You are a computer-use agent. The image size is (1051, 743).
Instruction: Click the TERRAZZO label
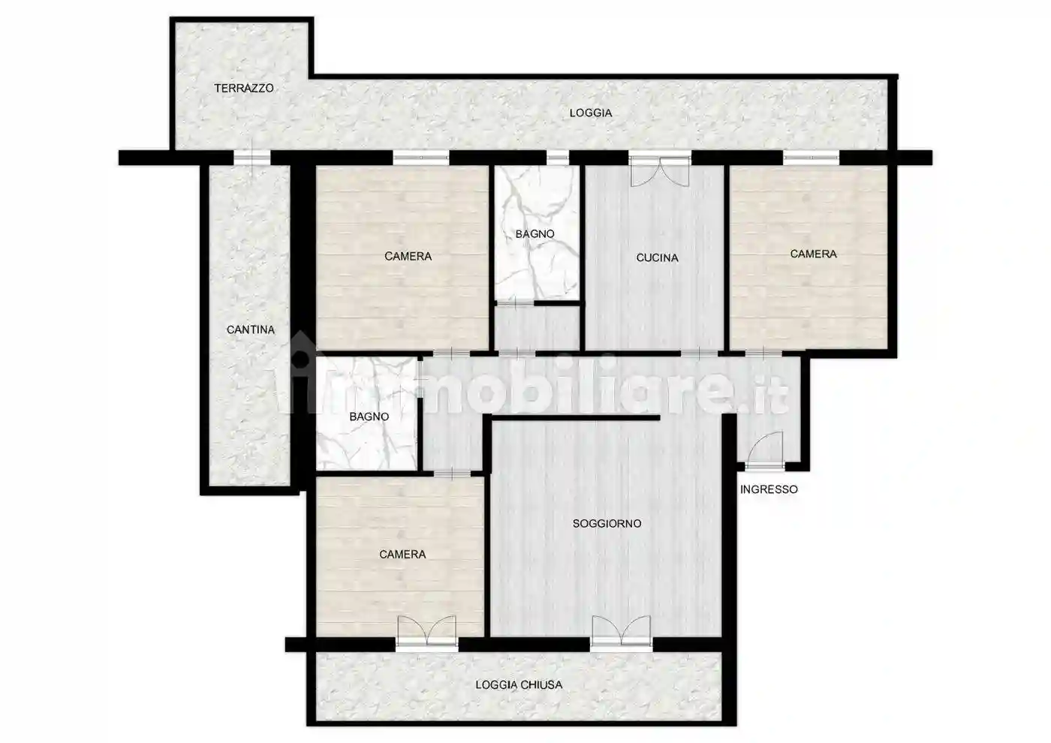(x=244, y=89)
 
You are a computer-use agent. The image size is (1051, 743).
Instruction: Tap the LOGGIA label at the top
(x=591, y=113)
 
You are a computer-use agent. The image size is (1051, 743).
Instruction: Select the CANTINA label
(x=251, y=329)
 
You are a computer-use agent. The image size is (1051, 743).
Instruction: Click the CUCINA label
(x=657, y=257)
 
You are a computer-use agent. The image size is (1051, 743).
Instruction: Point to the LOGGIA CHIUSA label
(x=519, y=684)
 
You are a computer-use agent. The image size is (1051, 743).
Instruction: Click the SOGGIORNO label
(x=607, y=524)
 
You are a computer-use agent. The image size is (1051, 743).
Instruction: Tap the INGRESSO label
(x=769, y=489)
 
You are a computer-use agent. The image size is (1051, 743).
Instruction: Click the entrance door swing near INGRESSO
(x=766, y=450)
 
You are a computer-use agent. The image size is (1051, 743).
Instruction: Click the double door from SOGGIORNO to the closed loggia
(x=622, y=633)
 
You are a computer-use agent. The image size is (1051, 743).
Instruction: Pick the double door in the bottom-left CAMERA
(x=427, y=633)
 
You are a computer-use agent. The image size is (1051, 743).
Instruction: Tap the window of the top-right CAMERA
(x=811, y=158)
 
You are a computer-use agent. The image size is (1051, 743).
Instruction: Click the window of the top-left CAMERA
(x=421, y=158)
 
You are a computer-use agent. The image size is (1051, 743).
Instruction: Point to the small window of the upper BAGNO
(x=557, y=158)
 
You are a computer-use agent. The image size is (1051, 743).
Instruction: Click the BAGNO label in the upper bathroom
(x=535, y=233)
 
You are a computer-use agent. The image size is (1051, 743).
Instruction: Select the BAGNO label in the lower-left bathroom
(x=369, y=417)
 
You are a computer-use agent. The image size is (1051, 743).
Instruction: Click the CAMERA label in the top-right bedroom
(x=813, y=254)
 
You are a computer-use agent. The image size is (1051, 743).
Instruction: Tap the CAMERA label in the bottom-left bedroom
(x=402, y=555)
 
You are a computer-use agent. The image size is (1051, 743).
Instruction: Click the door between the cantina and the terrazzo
(x=252, y=158)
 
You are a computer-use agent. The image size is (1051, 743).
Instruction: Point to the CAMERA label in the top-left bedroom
(x=408, y=256)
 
